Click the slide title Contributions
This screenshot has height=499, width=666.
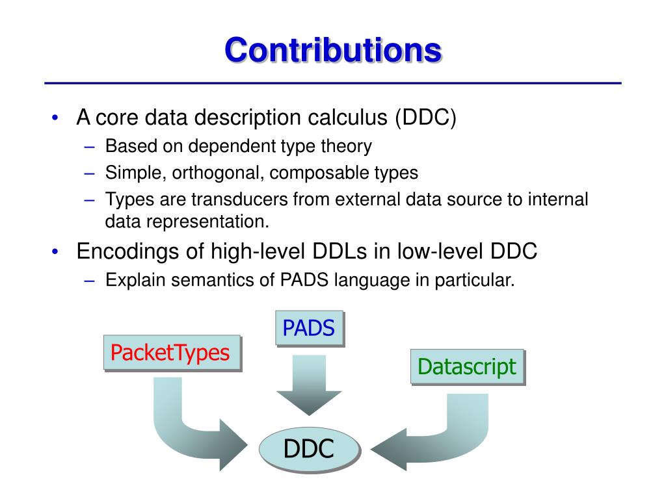(333, 49)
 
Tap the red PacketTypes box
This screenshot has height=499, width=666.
(170, 352)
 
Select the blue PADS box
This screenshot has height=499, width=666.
(308, 328)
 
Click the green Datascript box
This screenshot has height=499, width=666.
(466, 366)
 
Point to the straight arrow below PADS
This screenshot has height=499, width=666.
(309, 387)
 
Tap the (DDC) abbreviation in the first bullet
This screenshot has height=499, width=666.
(425, 118)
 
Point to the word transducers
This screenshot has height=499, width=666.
(240, 199)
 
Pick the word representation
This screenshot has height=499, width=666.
(208, 221)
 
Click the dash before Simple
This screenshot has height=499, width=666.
(90, 173)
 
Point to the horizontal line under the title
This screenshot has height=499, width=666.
(333, 84)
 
